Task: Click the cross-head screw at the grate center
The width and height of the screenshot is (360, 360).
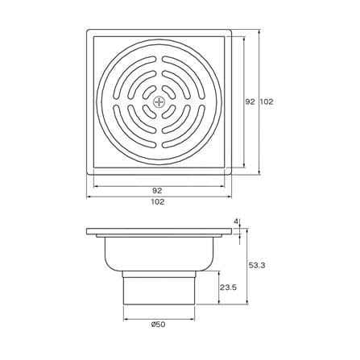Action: (x=159, y=102)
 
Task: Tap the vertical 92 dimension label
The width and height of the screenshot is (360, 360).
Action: (x=250, y=101)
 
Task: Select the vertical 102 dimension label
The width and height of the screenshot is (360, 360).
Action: (x=267, y=101)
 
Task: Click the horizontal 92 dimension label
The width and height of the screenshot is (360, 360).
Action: (x=157, y=191)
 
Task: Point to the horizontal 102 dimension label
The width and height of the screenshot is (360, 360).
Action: (x=158, y=202)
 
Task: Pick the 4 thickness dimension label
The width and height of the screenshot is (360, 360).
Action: (x=236, y=221)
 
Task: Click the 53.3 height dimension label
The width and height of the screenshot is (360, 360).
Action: (x=257, y=265)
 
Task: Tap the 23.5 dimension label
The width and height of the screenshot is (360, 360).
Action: (x=229, y=288)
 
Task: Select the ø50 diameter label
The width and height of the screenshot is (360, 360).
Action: (x=158, y=325)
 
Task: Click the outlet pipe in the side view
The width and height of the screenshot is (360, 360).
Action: (x=159, y=288)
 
